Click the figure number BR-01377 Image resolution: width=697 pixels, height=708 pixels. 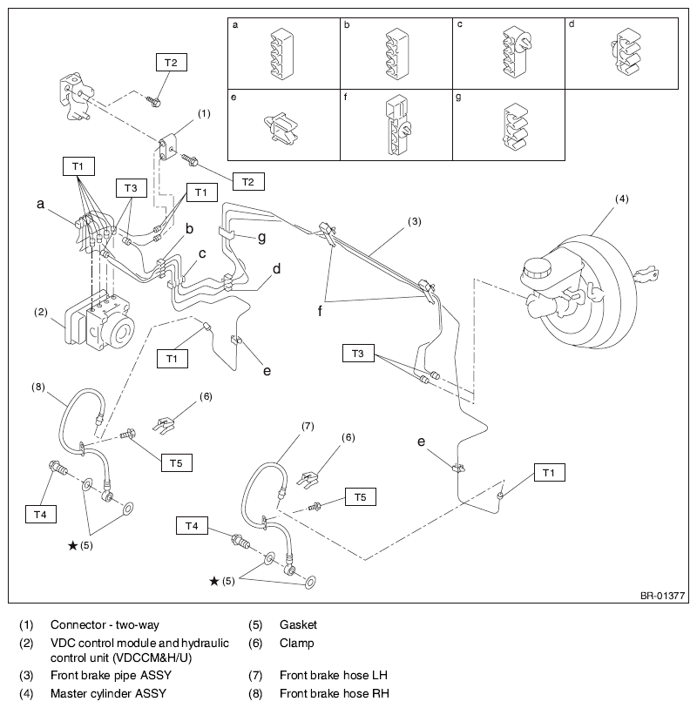[662, 596]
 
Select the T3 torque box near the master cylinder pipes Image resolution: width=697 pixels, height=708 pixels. [358, 353]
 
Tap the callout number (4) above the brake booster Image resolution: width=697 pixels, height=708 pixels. [621, 199]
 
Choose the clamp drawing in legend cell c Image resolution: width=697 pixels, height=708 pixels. [517, 52]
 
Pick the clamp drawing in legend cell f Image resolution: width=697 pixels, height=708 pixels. [398, 125]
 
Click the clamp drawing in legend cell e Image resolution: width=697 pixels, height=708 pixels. [280, 128]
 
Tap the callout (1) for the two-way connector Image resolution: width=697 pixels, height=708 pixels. [204, 113]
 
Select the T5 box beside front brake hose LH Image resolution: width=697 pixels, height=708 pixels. [361, 497]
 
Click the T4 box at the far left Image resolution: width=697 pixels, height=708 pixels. [41, 515]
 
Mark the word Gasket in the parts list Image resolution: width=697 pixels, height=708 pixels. [298, 625]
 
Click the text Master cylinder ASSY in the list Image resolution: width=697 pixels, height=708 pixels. [108, 693]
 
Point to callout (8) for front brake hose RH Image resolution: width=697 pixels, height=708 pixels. [38, 387]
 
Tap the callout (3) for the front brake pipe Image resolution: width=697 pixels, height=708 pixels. [414, 221]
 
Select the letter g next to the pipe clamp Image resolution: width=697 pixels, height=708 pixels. [262, 238]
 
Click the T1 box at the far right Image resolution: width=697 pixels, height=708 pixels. [549, 473]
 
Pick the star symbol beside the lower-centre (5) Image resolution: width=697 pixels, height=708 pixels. [214, 581]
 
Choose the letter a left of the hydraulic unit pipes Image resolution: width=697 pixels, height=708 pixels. [41, 204]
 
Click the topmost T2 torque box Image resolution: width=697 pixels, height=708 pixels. [172, 63]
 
